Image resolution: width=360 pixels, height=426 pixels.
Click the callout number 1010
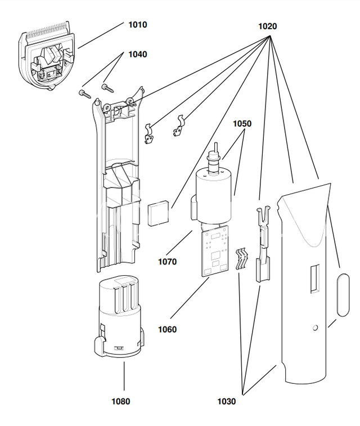pos(137,25)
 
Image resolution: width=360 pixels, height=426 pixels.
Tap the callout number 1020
pos(267,26)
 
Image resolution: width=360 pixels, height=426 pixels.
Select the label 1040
pos(137,55)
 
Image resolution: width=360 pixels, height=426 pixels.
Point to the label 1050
pos(242,124)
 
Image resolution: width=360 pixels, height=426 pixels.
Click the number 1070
pos(167,262)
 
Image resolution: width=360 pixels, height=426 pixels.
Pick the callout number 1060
pos(167,330)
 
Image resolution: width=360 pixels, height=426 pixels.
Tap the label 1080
pos(121,401)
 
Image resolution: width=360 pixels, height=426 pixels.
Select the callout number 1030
pos(227,401)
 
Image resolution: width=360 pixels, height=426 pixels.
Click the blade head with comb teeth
pos(46,56)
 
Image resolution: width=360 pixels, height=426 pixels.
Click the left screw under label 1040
pos(85,94)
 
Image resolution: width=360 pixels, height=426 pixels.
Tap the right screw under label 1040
pos(107,88)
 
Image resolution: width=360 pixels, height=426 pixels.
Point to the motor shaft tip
pos(217,144)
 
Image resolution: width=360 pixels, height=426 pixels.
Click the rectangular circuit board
pos(214,252)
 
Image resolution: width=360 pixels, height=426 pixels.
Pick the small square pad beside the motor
pos(158,213)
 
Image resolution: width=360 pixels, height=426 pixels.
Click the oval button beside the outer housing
pos(343,295)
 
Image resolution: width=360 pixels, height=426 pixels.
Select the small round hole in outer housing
pos(315,328)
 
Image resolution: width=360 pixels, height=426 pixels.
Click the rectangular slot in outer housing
pos(314,279)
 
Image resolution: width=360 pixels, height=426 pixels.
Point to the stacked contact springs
pos(242,258)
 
